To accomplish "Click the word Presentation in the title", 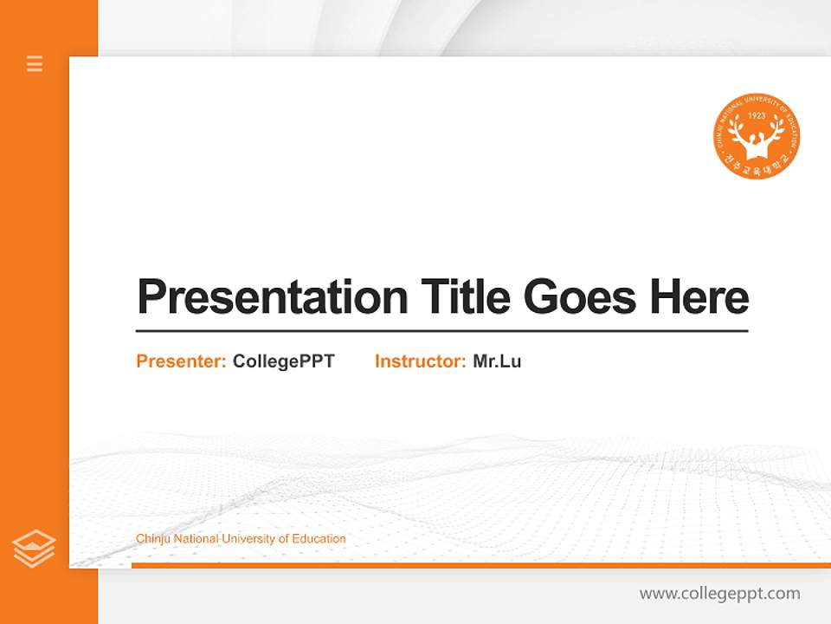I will coord(273,297).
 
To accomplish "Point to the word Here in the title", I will coord(699,297).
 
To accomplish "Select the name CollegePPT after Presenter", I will coord(283,361).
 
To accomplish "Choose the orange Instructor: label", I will coord(421,361).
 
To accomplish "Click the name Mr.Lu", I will coord(497,361).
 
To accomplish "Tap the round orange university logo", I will coord(757,137).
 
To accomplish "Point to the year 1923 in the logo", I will coord(757,116).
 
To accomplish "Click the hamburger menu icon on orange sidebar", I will coord(35,63).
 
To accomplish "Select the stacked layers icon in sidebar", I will coord(34,549).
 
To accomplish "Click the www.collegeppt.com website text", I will coord(719,594).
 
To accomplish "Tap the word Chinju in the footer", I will coord(153,539).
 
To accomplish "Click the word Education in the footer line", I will coord(319,539).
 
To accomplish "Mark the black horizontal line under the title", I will coord(441,331).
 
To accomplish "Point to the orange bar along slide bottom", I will coord(480,565).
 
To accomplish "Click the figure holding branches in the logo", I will coord(757,139).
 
